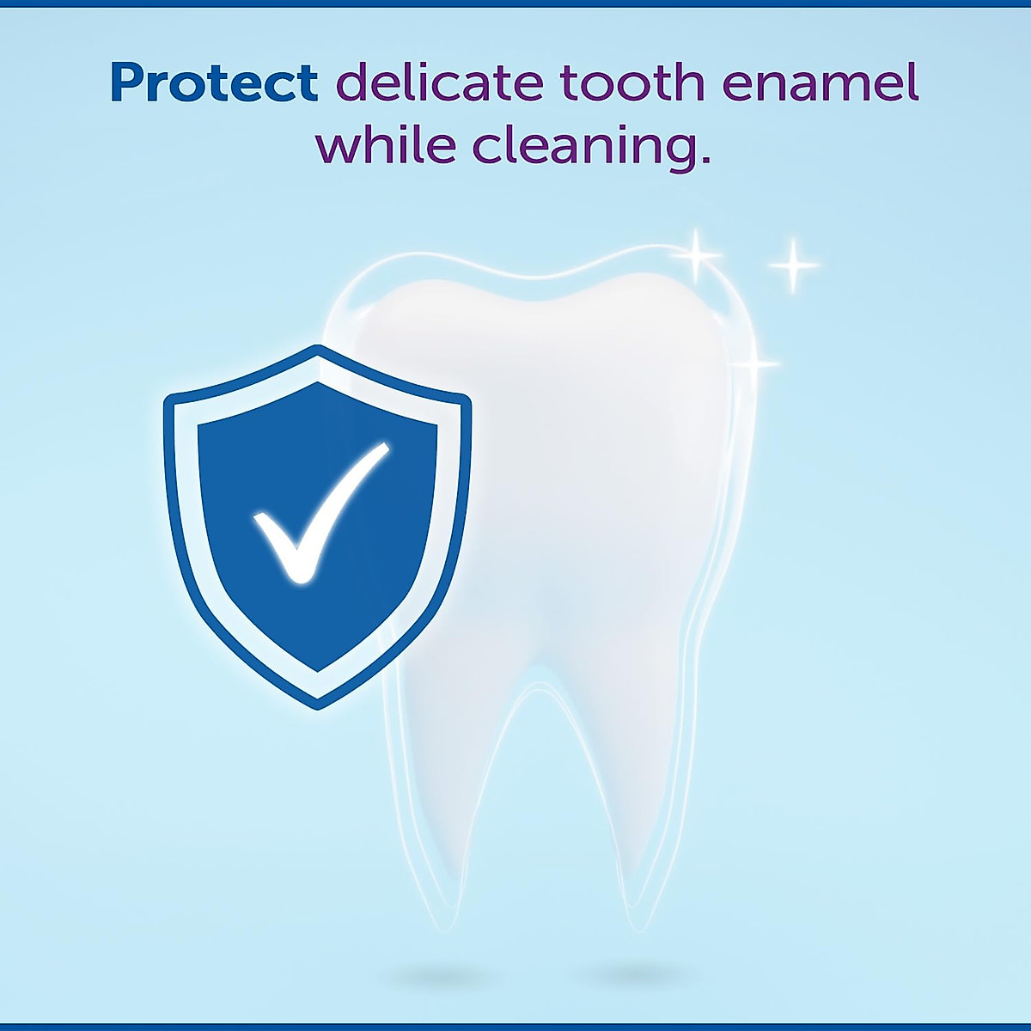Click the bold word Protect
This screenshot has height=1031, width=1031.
(214, 84)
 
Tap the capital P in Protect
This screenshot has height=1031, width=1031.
(127, 83)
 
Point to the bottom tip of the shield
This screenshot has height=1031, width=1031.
(318, 710)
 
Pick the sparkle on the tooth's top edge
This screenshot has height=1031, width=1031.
(696, 256)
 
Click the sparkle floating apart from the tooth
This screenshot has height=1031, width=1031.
(794, 265)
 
